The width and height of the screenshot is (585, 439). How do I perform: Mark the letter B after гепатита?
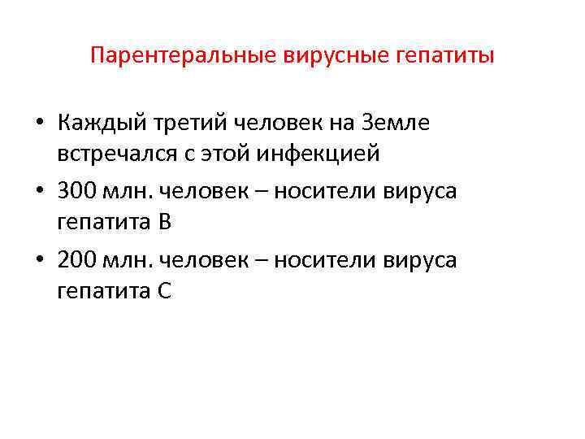[164, 221]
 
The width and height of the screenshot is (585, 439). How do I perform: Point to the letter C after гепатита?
[164, 289]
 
